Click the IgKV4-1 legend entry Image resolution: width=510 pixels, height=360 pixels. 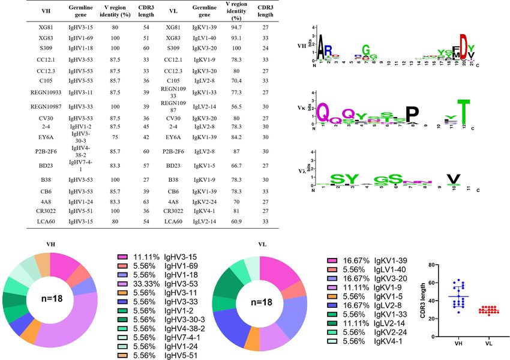pyautogui.click(x=355, y=341)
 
